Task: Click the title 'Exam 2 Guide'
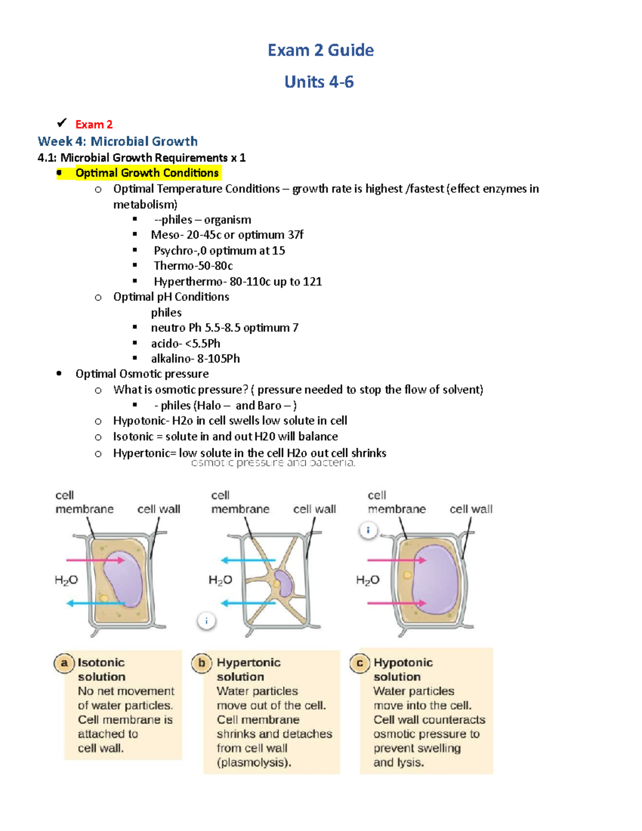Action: [x=320, y=50]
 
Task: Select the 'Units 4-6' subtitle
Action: [x=319, y=82]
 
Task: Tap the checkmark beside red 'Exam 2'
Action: [x=62, y=123]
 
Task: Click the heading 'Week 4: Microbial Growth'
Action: [x=118, y=141]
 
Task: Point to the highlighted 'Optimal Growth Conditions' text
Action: [x=147, y=173]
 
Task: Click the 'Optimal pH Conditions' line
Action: [x=171, y=297]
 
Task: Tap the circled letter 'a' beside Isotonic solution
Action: [x=64, y=664]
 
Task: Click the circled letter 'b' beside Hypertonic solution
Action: [x=202, y=664]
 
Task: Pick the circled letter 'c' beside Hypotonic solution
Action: [x=360, y=664]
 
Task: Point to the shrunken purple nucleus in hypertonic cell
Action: [x=284, y=583]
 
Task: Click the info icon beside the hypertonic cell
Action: [x=207, y=621]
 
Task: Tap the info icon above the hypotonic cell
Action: [x=368, y=530]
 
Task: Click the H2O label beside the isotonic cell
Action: [x=66, y=580]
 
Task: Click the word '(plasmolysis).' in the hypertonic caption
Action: [x=254, y=763]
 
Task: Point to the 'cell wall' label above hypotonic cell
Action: [x=471, y=509]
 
